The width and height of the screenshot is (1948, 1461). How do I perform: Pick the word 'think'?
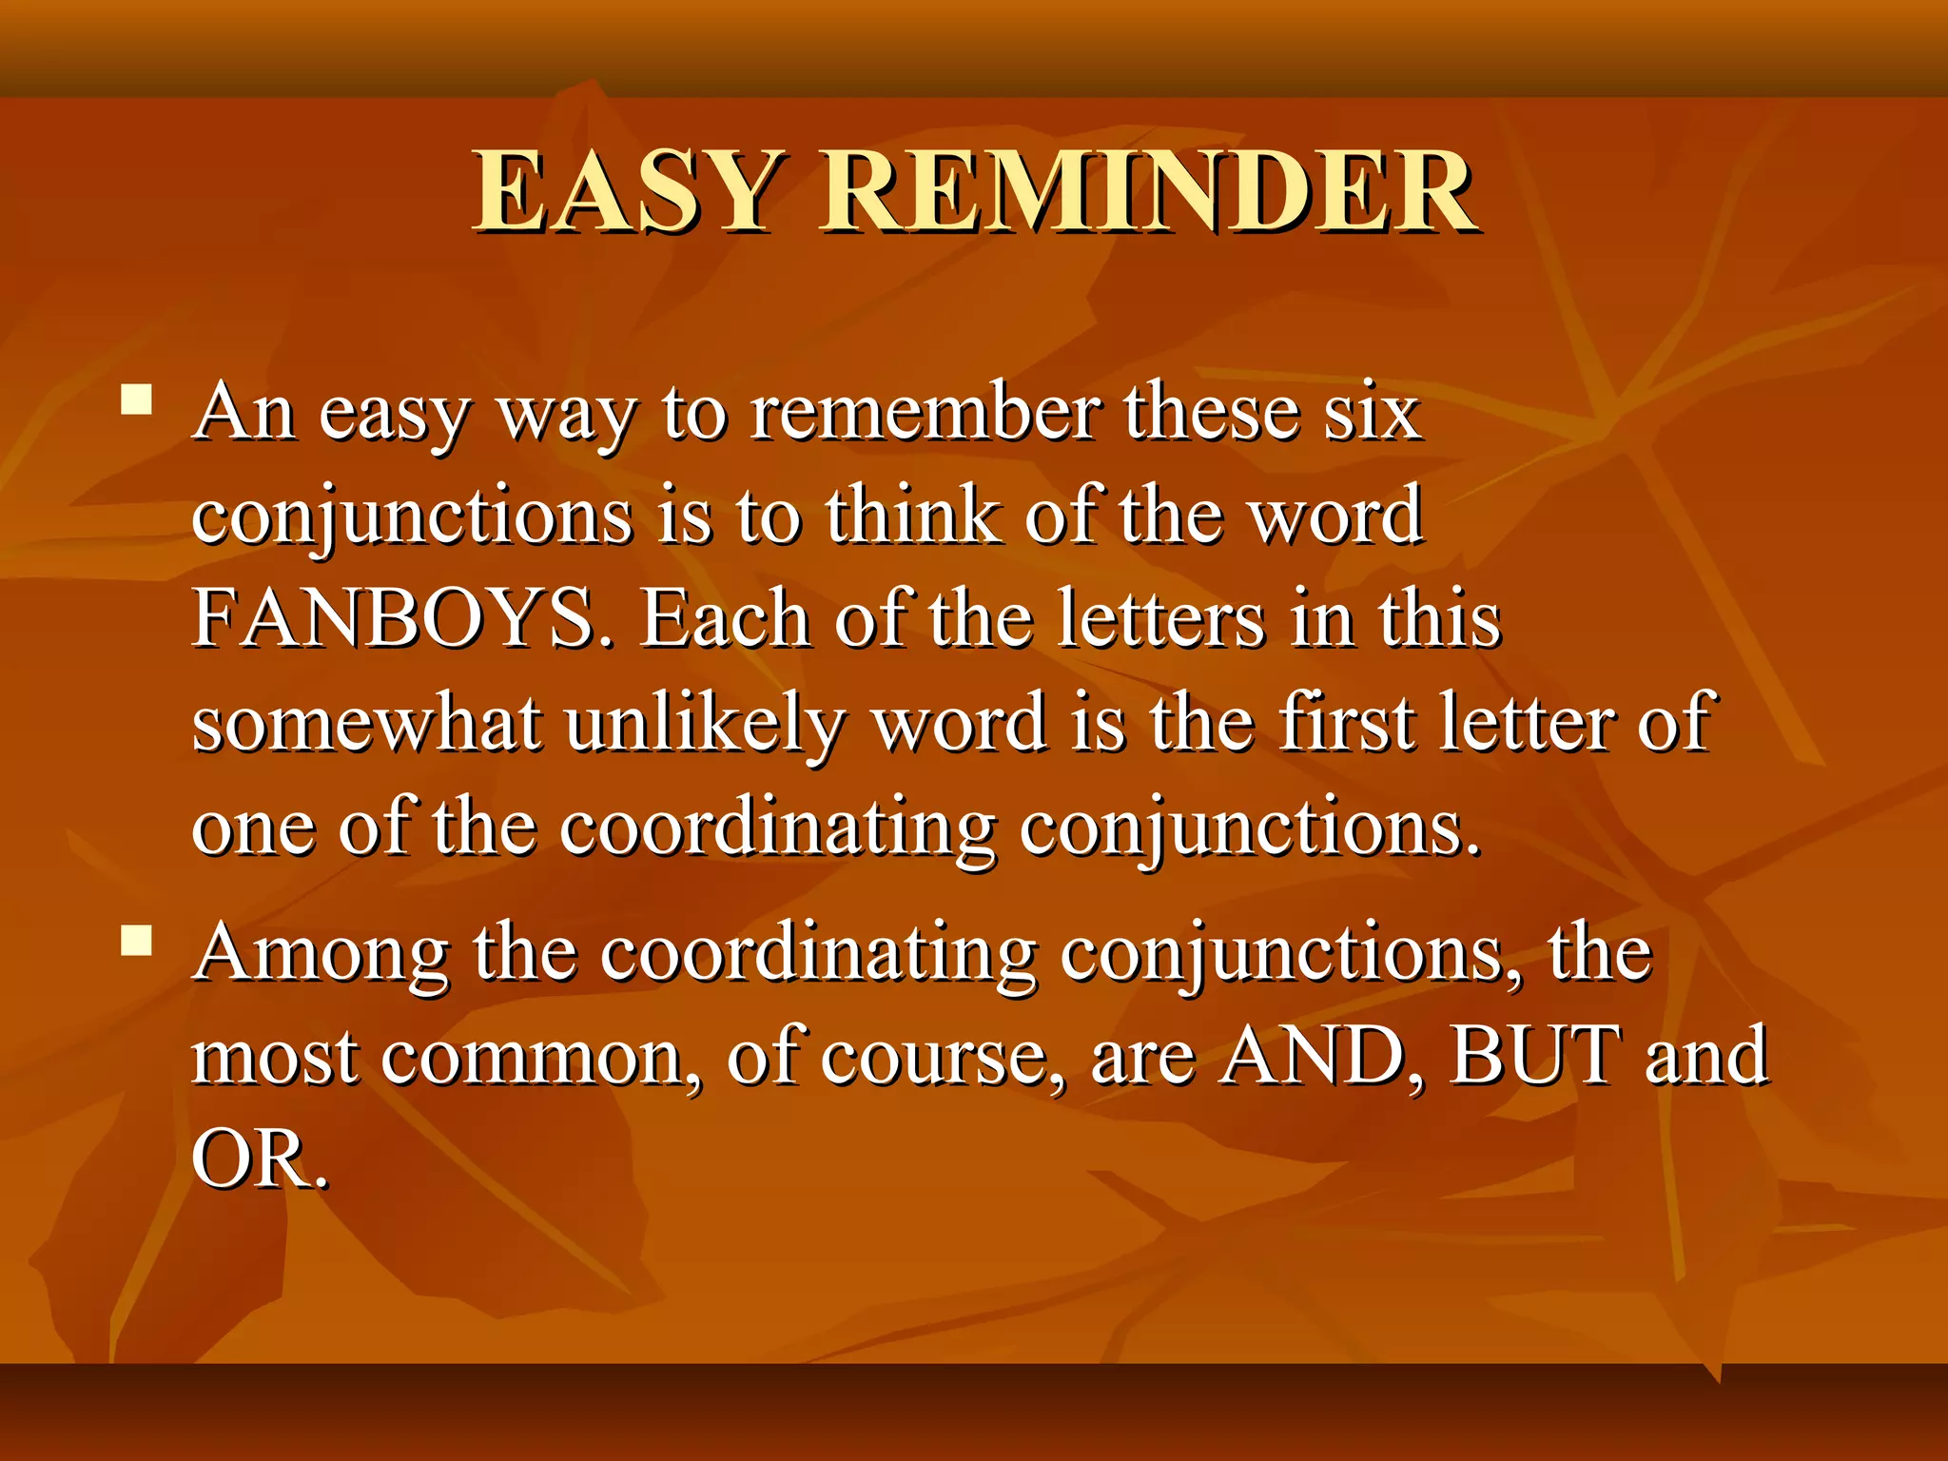point(911,516)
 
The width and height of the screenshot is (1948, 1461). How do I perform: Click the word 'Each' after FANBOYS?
point(723,618)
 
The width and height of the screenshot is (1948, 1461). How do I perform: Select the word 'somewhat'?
point(366,723)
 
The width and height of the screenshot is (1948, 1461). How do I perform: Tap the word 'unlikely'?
point(704,723)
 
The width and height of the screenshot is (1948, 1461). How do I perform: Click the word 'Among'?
point(321,954)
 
